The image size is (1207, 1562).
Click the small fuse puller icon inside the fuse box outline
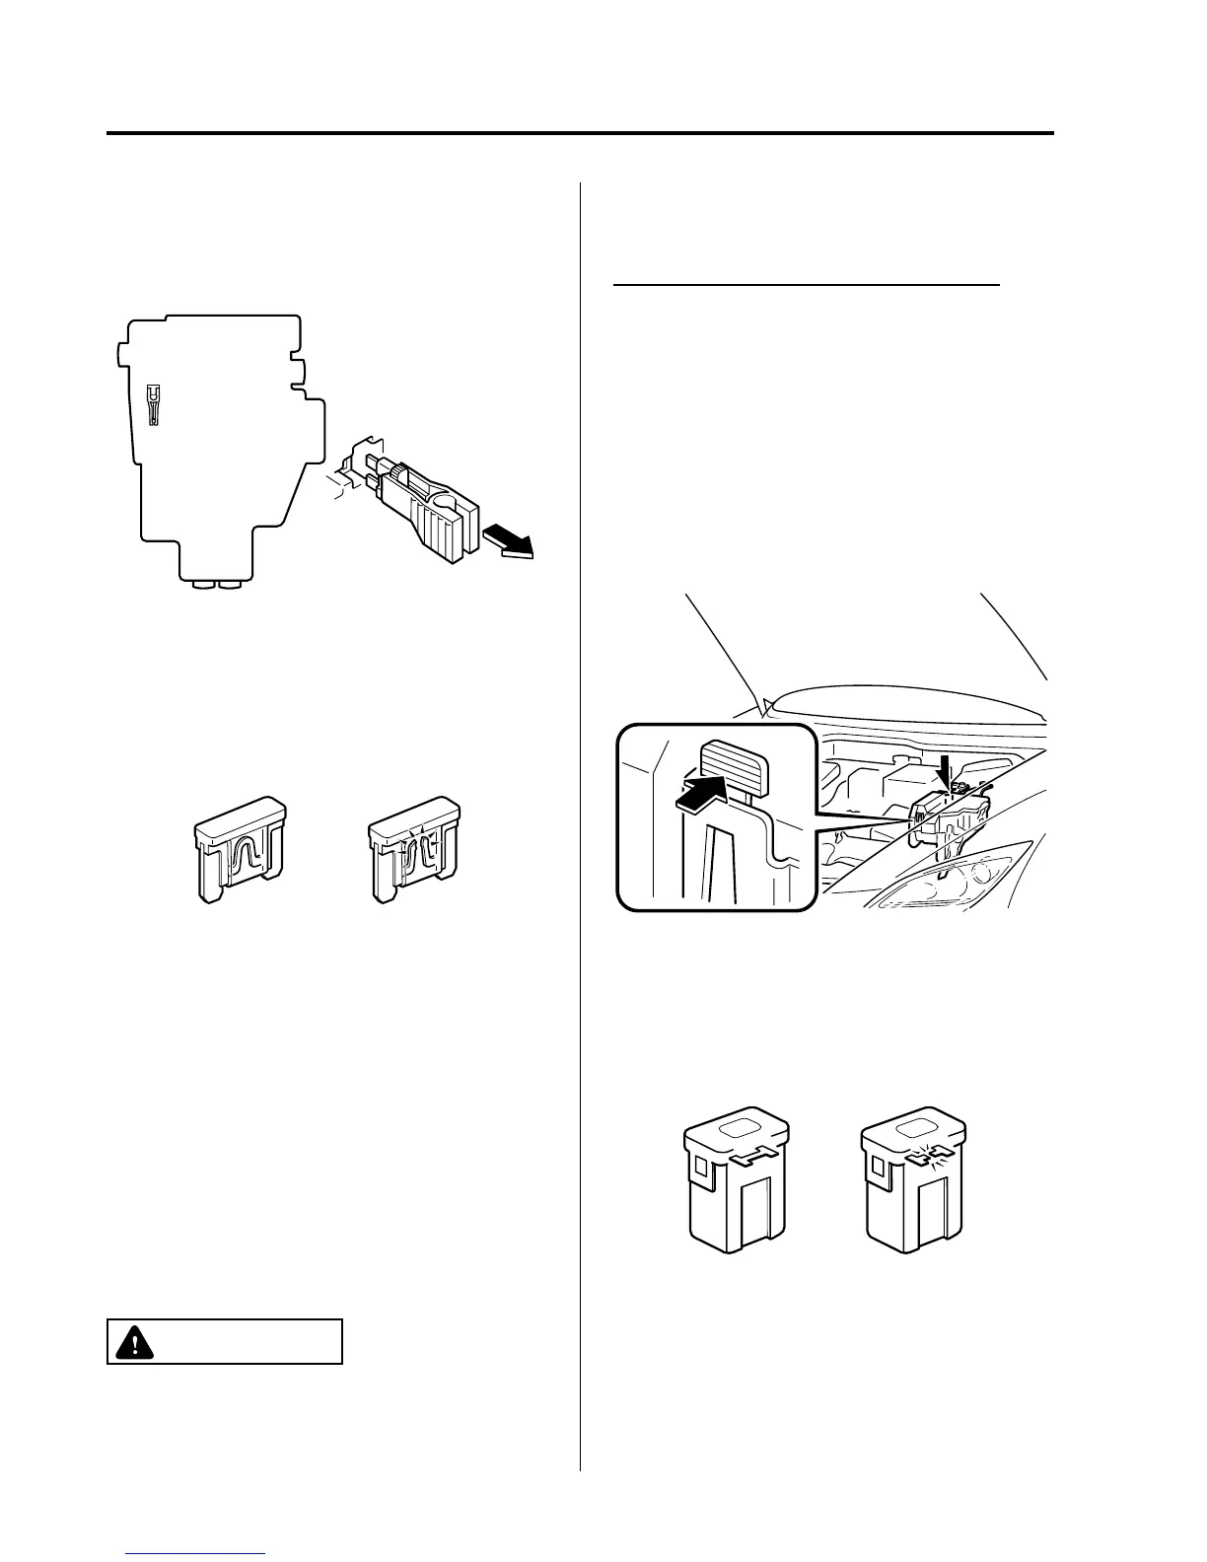152,404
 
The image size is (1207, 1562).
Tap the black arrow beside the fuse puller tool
507,541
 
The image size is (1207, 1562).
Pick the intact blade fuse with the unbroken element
240,848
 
